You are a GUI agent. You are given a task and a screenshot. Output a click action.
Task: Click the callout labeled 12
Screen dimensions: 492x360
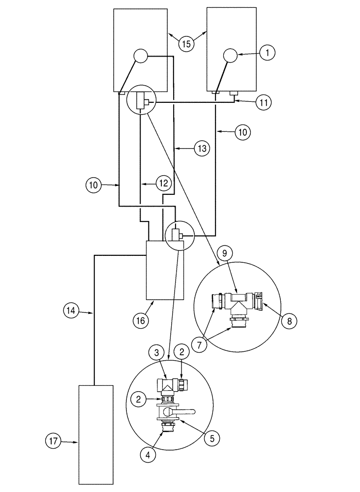(x=164, y=183)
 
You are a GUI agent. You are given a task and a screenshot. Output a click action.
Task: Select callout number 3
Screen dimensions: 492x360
(x=157, y=353)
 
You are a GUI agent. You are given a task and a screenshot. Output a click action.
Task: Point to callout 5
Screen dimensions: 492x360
(x=212, y=437)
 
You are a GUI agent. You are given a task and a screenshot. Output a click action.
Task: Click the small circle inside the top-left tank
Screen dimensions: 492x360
(x=140, y=57)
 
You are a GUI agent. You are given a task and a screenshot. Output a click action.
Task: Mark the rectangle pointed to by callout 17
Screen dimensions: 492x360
(x=96, y=434)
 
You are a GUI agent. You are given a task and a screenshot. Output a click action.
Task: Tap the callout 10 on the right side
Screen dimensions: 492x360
(x=243, y=131)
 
